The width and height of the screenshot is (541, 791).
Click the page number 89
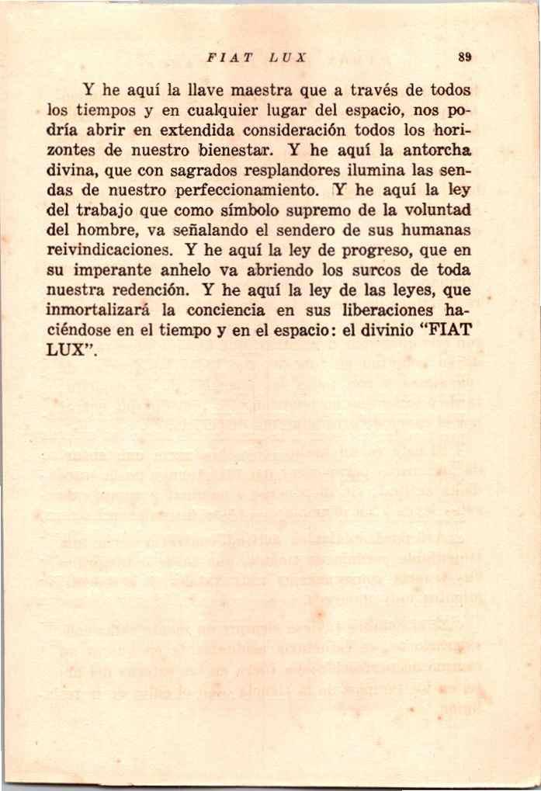(465, 57)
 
